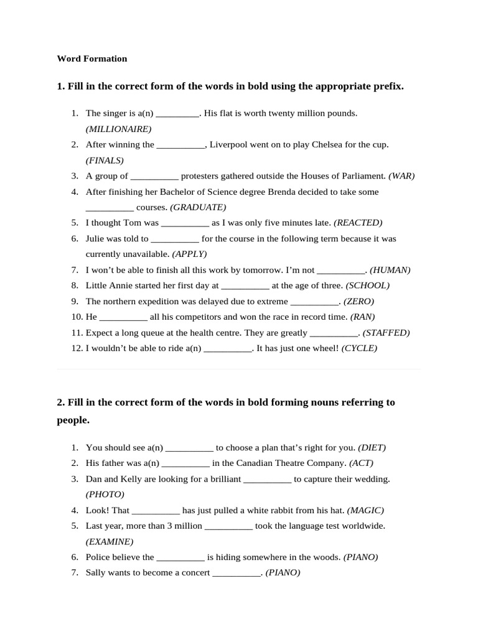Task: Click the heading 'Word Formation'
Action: point(92,58)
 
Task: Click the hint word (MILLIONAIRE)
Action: point(118,129)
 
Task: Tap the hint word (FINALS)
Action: point(105,160)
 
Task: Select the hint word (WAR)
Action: point(401,176)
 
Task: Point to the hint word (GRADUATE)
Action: point(198,207)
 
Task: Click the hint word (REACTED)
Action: point(358,223)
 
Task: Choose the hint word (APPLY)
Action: point(189,254)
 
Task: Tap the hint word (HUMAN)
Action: point(390,270)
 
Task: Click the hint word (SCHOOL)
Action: point(367,286)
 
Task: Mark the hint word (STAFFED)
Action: point(386,333)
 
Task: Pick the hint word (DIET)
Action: point(372,447)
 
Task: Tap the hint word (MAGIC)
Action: point(365,510)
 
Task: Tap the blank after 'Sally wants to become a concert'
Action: point(237,573)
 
